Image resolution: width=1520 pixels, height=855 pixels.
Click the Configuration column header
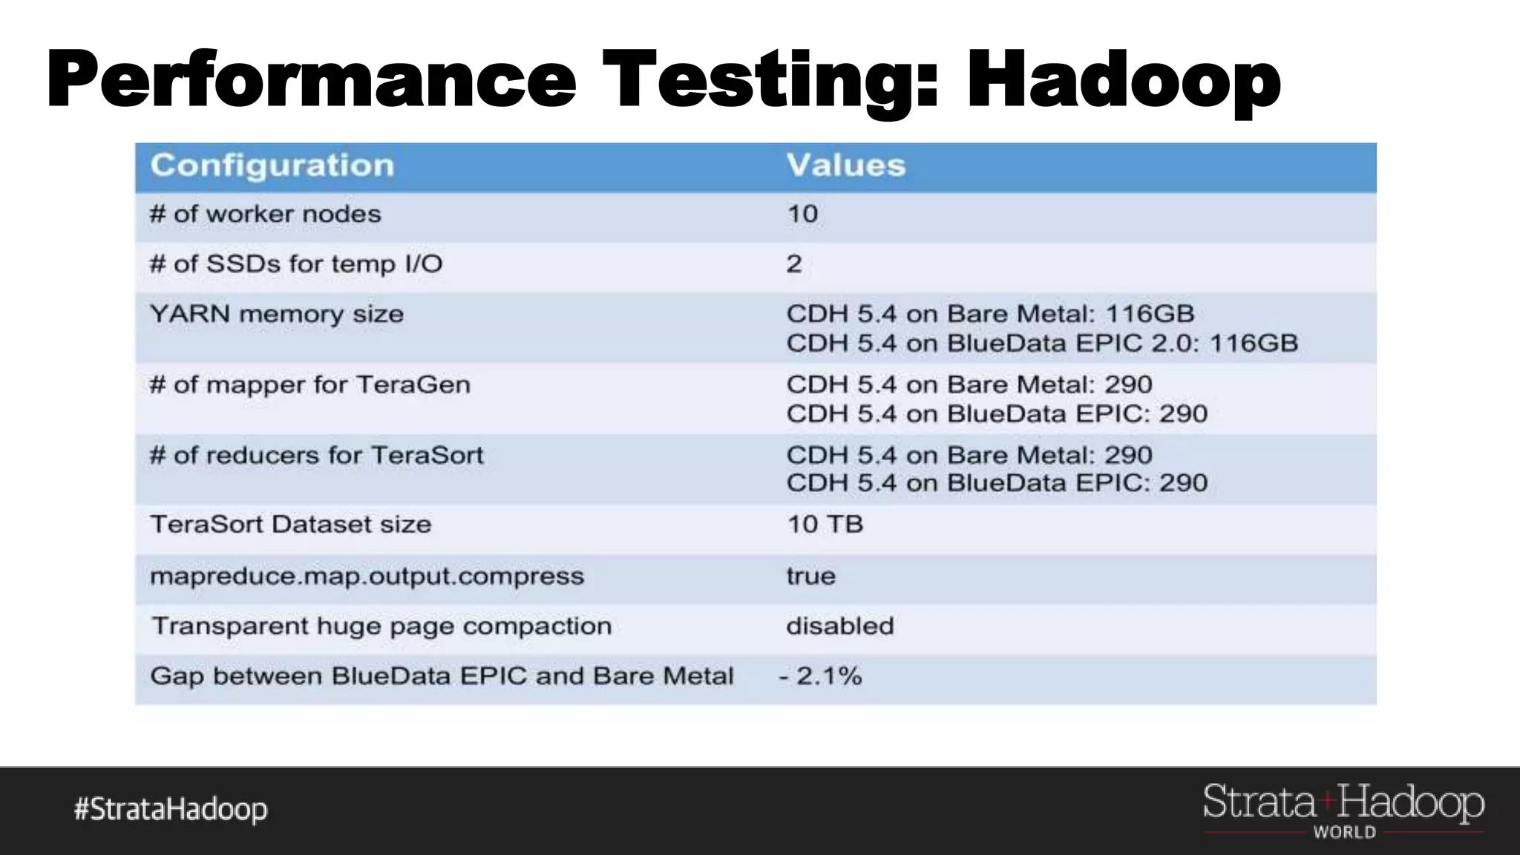[272, 166]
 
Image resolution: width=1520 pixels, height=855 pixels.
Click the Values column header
[845, 166]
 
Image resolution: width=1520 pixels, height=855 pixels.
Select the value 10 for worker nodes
[802, 214]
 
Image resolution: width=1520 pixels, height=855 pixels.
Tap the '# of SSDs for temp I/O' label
[295, 264]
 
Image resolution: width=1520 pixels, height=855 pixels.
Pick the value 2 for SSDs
[793, 264]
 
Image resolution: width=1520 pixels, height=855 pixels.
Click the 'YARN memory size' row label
[276, 314]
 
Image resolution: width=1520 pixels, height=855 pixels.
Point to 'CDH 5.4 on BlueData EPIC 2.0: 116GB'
[1041, 344]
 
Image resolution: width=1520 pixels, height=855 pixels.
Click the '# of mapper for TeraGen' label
[309, 384]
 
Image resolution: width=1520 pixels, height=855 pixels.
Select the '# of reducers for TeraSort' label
[315, 455]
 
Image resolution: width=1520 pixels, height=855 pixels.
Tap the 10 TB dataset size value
[825, 525]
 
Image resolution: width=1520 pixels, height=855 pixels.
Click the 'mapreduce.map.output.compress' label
[367, 577]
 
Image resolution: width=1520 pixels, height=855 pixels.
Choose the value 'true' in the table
[810, 577]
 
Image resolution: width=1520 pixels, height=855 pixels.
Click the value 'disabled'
[839, 626]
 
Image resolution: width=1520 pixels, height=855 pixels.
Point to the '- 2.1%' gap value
[820, 676]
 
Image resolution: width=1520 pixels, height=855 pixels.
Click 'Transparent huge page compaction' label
[381, 626]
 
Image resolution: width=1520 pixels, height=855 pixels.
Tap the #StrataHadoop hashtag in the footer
[170, 809]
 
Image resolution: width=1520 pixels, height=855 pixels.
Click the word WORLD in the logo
[1344, 833]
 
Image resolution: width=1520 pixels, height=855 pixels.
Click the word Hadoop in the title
[1123, 79]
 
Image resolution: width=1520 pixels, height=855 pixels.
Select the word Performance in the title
[311, 79]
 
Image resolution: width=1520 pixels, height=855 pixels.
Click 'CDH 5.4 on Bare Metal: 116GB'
[989, 314]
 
